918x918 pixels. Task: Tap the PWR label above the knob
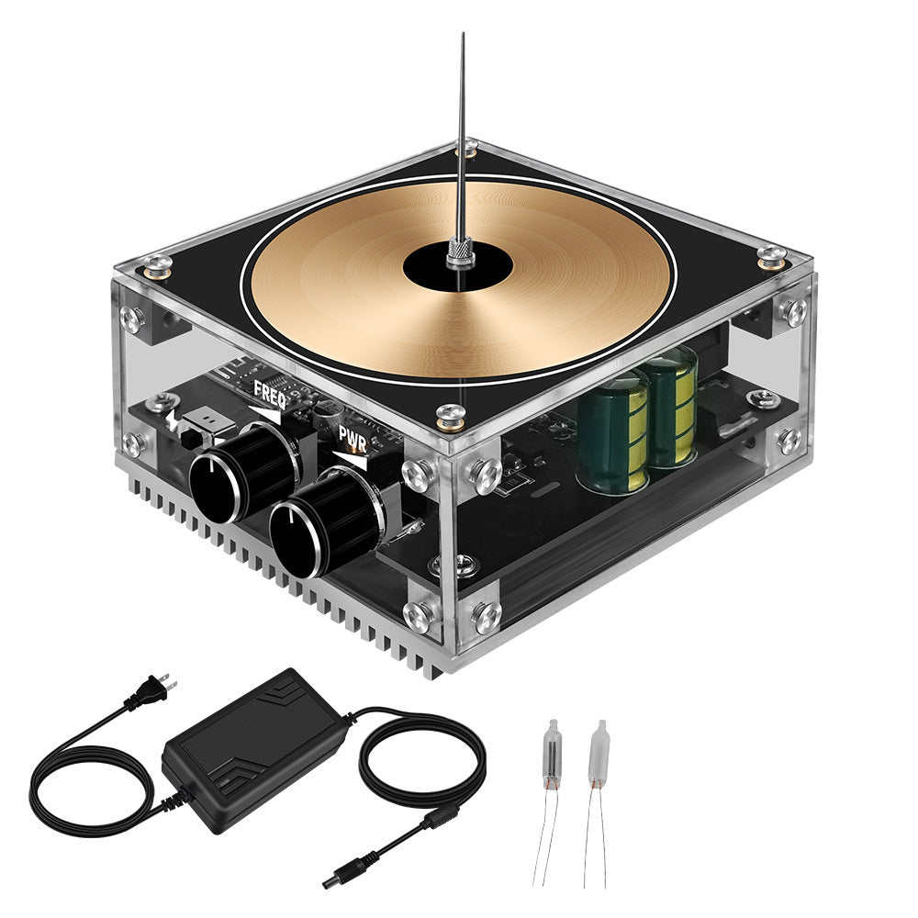[x=353, y=434]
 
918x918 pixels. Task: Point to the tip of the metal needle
[x=463, y=36]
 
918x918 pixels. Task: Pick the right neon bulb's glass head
[x=598, y=748]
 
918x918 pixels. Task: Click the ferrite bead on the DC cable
[x=446, y=814]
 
